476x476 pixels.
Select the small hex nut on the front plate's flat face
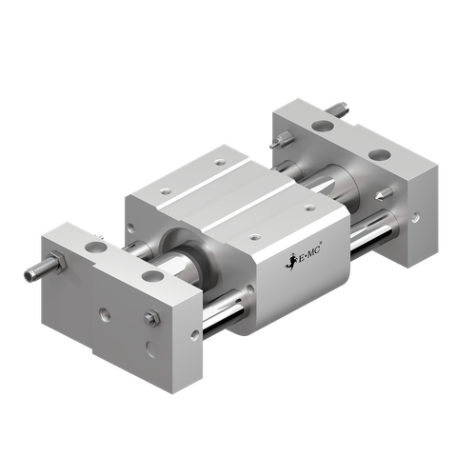point(149,317)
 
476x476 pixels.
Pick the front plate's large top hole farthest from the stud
point(153,277)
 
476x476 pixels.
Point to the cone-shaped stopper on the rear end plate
point(274,144)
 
